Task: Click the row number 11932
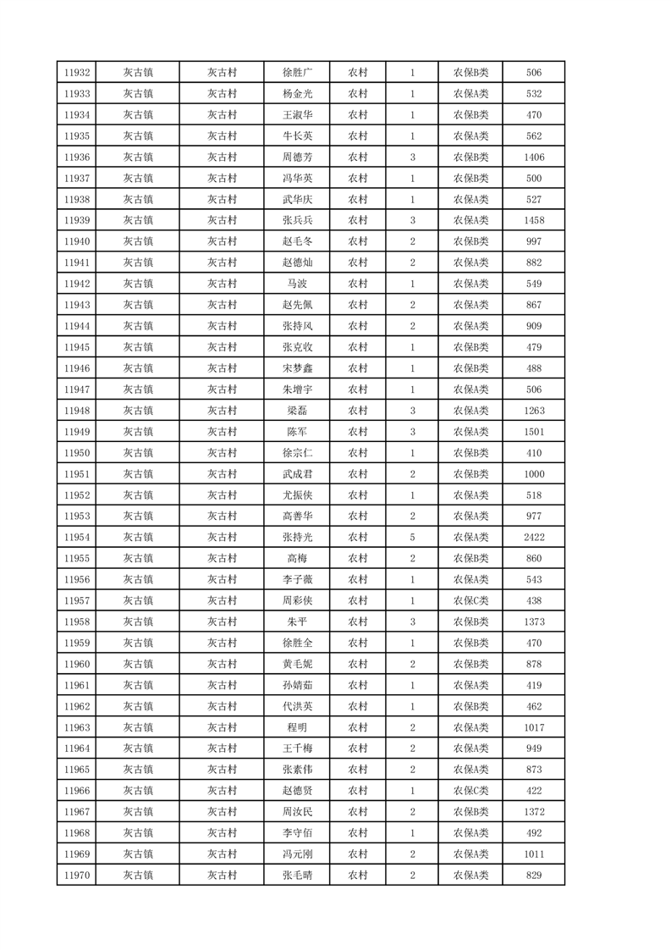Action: [x=76, y=73]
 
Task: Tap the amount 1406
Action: [x=533, y=157]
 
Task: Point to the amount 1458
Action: [x=533, y=220]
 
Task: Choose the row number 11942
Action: [x=76, y=284]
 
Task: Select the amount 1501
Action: [x=533, y=432]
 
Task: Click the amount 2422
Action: [x=533, y=538]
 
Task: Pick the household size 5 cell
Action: [x=412, y=538]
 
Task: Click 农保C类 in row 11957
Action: [x=471, y=600]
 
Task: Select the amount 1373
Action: [x=533, y=621]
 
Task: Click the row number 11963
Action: [x=76, y=727]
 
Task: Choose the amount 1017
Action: [x=533, y=727]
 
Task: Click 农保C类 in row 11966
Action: [x=471, y=791]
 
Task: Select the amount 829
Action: [x=533, y=875]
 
